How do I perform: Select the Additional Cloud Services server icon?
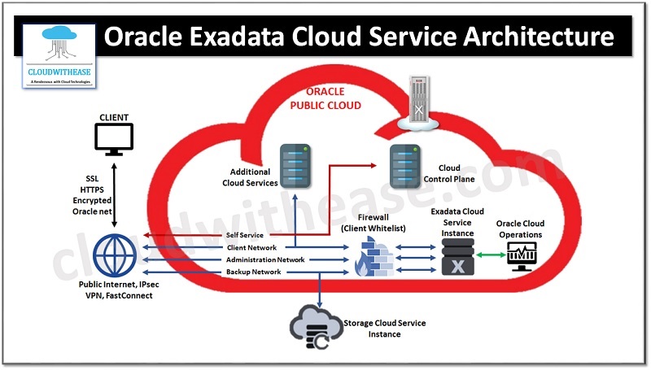point(295,165)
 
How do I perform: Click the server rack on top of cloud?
point(419,104)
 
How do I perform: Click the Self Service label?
point(245,235)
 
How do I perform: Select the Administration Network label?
point(265,259)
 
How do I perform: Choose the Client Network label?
point(251,247)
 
